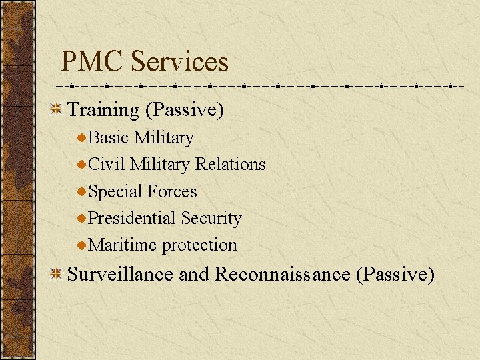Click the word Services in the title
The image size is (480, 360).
coord(179,62)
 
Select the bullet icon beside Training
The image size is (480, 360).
coord(58,109)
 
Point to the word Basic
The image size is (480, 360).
coord(109,137)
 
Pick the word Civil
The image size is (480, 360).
coord(107,164)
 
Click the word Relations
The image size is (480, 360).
coord(230,164)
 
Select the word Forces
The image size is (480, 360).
coord(172,191)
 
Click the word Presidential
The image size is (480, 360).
coord(131,218)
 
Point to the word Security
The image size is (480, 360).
coord(211,218)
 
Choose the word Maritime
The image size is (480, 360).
coord(123,245)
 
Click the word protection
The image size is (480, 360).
coord(199,245)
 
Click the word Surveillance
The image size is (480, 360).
coord(121,273)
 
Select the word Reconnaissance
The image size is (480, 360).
coord(283,273)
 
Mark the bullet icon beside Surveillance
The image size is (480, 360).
coord(58,273)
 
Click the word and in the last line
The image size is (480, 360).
coord(194,273)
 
